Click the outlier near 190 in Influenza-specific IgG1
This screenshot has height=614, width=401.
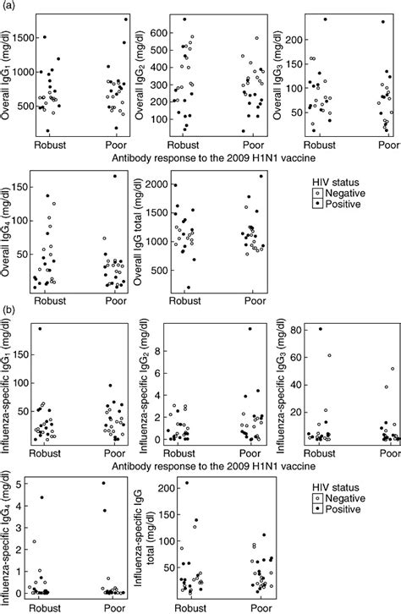click(39, 328)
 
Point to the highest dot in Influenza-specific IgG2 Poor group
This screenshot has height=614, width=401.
click(250, 329)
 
